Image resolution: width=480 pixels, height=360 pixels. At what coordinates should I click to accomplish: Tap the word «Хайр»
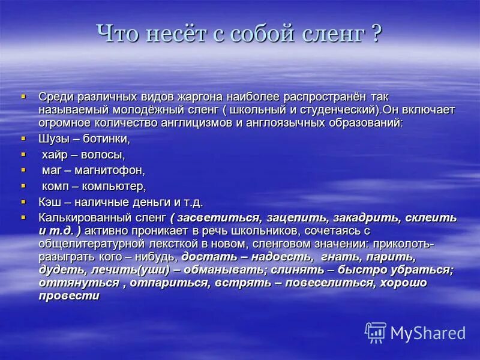(x=55, y=155)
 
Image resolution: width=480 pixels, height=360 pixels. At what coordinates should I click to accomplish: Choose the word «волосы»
(x=103, y=155)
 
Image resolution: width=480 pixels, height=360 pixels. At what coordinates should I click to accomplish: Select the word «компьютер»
(x=116, y=186)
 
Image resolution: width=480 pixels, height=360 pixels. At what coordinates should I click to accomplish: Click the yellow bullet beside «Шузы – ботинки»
(x=24, y=138)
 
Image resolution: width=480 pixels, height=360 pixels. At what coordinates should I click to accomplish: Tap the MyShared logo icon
(x=376, y=332)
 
